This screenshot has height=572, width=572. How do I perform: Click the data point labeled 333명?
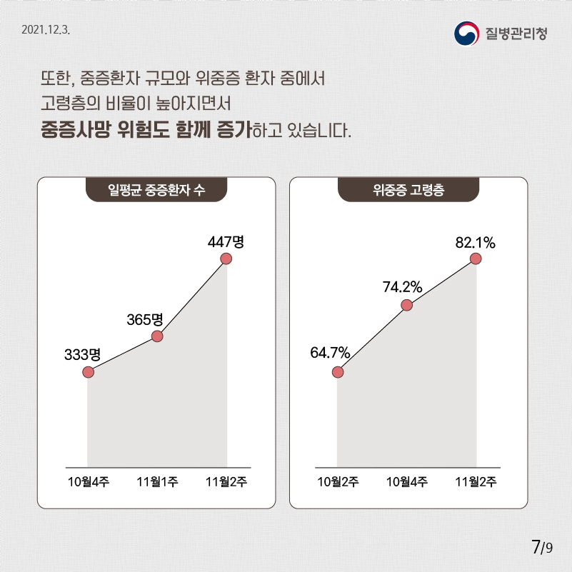point(88,372)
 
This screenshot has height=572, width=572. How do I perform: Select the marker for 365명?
point(157,336)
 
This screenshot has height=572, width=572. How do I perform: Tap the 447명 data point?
point(226,259)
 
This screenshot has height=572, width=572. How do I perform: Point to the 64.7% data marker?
point(338,372)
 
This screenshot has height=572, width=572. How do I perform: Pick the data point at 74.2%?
point(407,306)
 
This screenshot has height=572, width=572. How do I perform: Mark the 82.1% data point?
point(476,259)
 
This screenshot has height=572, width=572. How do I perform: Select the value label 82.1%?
point(476,243)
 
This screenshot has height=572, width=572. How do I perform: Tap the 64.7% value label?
point(330,353)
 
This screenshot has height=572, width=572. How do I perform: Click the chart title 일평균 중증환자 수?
point(156,191)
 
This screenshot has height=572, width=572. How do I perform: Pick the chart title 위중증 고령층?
point(408,191)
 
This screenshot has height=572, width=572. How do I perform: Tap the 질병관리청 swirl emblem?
point(467,33)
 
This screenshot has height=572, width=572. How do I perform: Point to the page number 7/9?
point(542,548)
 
